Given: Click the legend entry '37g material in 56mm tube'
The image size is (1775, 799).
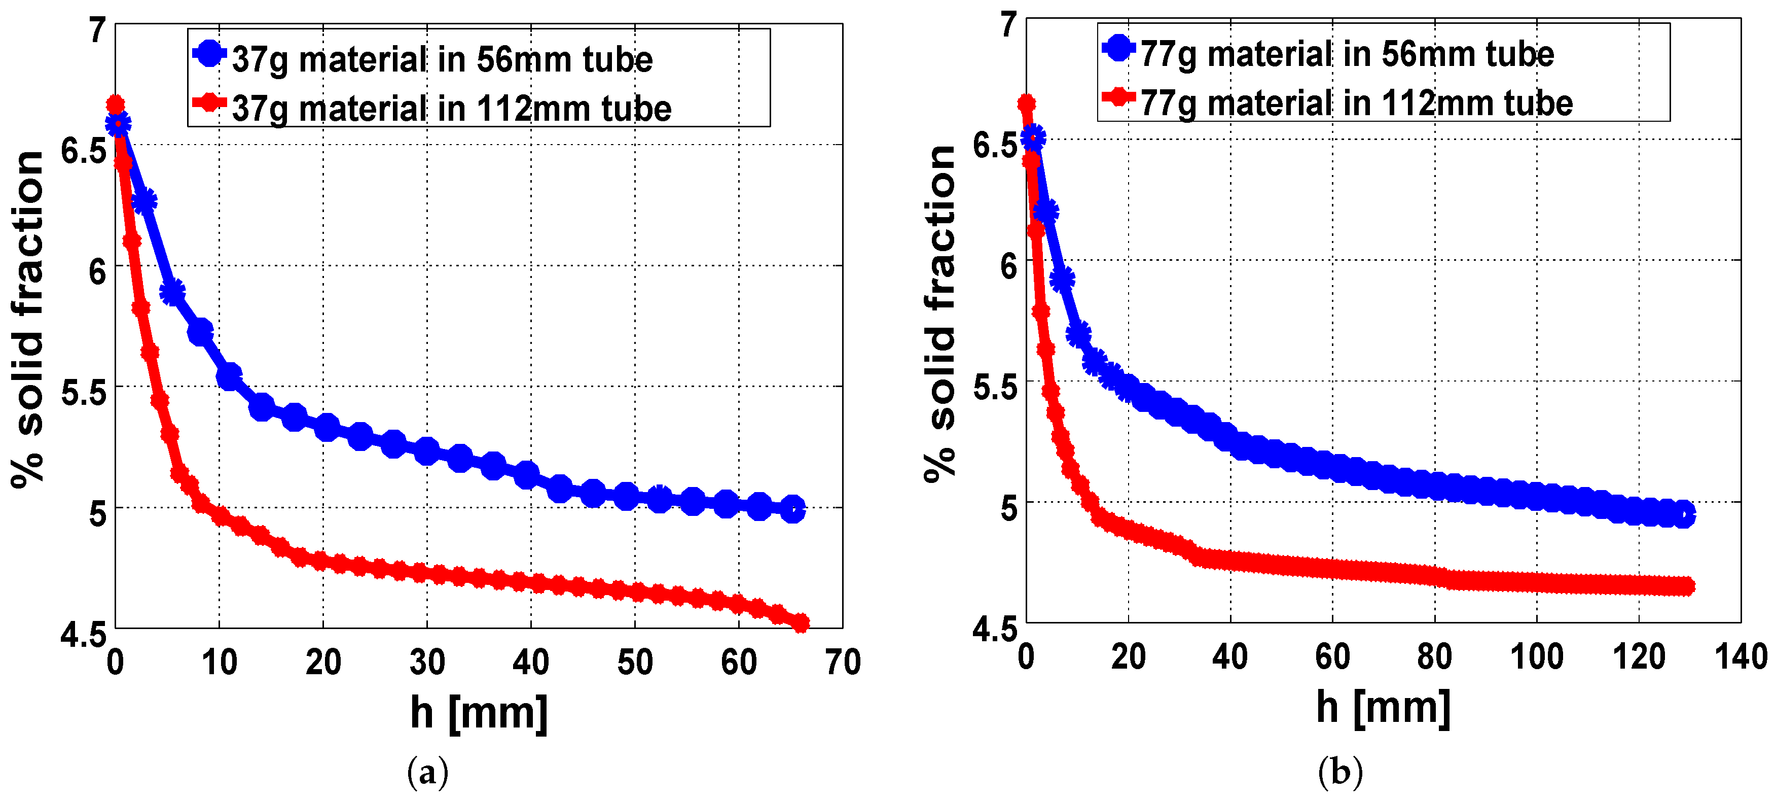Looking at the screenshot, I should coord(441,59).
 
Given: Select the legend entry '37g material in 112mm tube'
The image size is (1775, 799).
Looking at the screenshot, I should coord(451,108).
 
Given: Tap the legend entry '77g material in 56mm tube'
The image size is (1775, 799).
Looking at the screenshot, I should coord(1346,54).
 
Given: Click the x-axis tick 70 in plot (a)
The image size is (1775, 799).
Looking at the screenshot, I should coord(842,663).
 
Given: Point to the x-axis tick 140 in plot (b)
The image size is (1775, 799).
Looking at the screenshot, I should coord(1741,656).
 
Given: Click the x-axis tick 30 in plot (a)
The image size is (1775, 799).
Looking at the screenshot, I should coord(427,663).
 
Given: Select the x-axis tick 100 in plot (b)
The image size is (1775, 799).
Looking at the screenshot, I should coord(1537,656).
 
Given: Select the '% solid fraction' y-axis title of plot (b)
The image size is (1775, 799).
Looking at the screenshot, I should coord(940,314).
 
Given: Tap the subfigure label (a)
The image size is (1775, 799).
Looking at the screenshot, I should coord(427,772).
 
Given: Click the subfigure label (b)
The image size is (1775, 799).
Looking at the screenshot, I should coord(1339,772).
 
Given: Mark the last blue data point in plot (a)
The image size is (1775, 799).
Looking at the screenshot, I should coord(793,509).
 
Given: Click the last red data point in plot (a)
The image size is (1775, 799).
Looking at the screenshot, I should coord(801,623).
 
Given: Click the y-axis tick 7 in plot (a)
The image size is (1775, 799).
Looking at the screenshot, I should coord(98,31).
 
